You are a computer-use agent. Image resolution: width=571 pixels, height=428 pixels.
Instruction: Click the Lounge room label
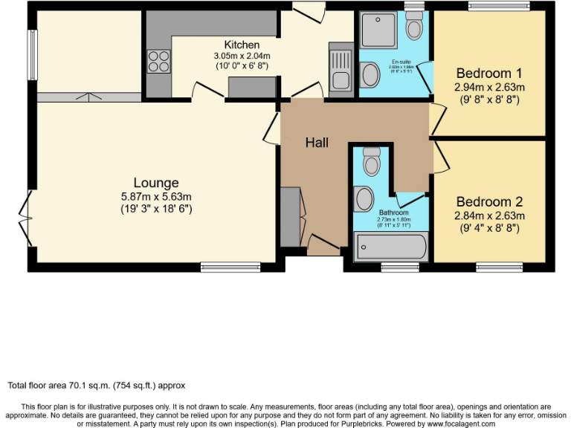pos(156,183)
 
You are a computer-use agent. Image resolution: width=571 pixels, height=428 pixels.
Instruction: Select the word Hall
pos(317,143)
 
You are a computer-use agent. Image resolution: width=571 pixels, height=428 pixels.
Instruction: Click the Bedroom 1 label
pos(489,73)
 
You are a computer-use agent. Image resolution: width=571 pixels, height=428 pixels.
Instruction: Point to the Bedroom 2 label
pos(489,201)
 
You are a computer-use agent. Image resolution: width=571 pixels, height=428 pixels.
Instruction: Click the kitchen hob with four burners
pos(158,60)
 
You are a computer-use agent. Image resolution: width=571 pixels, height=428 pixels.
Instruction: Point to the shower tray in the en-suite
pos(380,30)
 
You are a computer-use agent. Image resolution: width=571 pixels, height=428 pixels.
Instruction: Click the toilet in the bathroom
pos(371,160)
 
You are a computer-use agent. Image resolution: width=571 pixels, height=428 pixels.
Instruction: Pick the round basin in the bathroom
pos(364,198)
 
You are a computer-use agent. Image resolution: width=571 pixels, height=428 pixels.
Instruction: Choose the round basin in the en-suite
pos(370,74)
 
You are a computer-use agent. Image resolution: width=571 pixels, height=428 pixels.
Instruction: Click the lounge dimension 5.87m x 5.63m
pos(156,197)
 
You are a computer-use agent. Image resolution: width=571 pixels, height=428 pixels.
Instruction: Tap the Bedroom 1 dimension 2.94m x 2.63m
pos(489,87)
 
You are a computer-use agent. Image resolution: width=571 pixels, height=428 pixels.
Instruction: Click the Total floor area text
pos(96,386)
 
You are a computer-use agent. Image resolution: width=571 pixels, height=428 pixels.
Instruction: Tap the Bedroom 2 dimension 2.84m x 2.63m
pos(489,215)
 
